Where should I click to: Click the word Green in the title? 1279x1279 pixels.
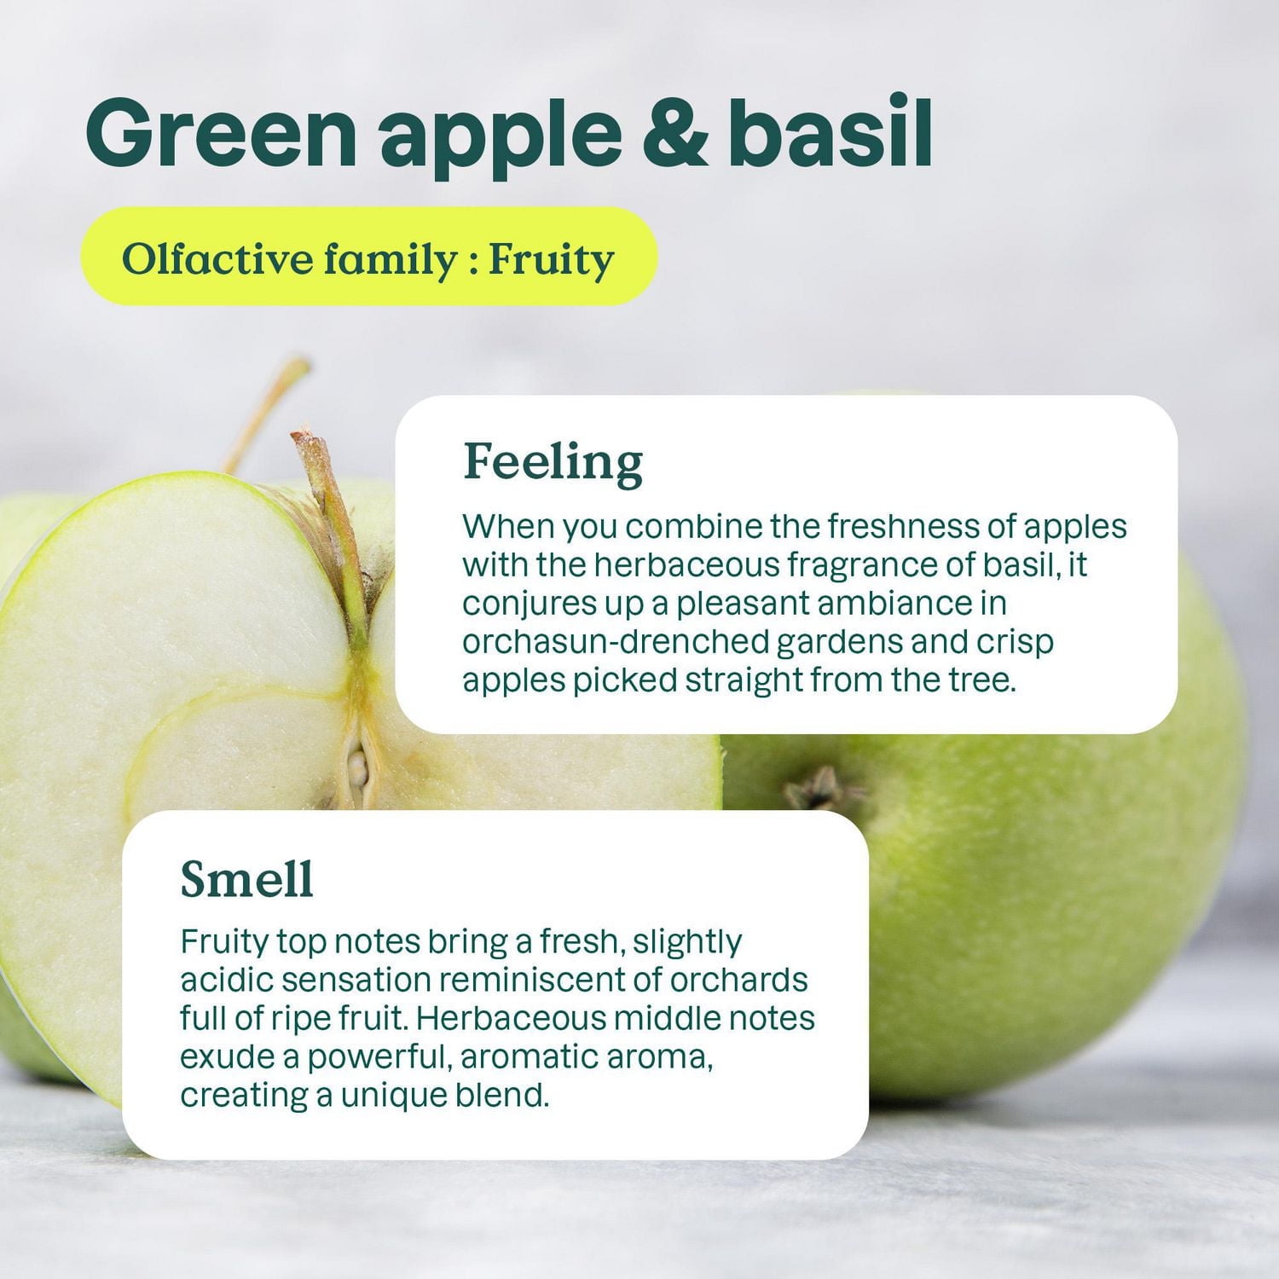[221, 132]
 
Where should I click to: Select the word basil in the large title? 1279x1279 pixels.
[830, 132]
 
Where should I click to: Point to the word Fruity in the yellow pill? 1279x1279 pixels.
[551, 259]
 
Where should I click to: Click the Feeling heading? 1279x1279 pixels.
[553, 462]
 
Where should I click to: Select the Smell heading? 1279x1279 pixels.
[246, 878]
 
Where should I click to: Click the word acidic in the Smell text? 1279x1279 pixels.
[225, 980]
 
